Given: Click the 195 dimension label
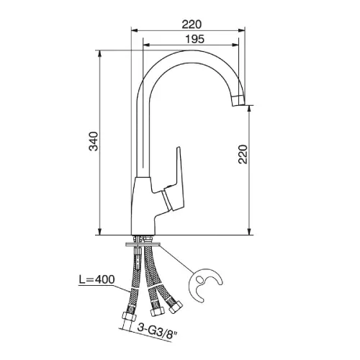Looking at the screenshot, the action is [x=195, y=39].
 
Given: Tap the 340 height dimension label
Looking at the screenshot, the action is [x=94, y=141].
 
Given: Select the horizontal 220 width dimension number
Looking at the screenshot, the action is [x=192, y=24].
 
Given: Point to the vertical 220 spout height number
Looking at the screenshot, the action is [x=243, y=154].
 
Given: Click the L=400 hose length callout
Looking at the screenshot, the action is [x=97, y=279].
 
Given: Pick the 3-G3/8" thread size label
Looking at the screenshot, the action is [x=158, y=331].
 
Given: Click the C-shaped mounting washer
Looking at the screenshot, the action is [x=206, y=284].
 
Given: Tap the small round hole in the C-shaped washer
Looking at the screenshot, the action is [x=199, y=279].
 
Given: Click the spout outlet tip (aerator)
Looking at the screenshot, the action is [x=238, y=100].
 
